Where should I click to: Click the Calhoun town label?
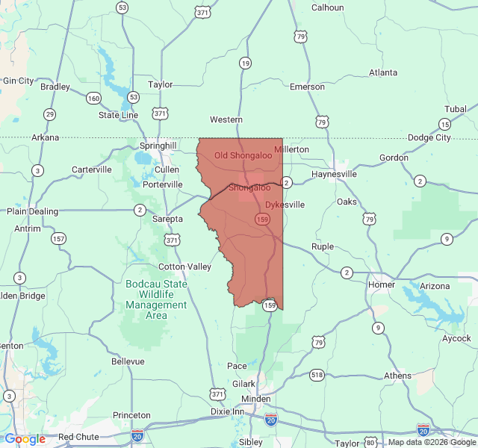327,7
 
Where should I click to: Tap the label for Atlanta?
384,72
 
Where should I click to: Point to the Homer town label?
382,284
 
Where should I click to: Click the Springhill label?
158,146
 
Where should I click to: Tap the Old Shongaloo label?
242,155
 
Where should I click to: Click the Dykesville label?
285,204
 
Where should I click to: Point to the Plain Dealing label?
33,211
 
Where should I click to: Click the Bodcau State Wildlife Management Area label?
156,299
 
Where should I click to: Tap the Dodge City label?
429,137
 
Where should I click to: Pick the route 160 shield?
93,98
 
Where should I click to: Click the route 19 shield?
245,63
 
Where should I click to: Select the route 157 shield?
58,239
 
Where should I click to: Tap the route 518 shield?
317,374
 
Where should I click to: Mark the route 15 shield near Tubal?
444,124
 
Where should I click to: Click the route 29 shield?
49,114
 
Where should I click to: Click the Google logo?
25,439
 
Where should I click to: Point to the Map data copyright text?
430,442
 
